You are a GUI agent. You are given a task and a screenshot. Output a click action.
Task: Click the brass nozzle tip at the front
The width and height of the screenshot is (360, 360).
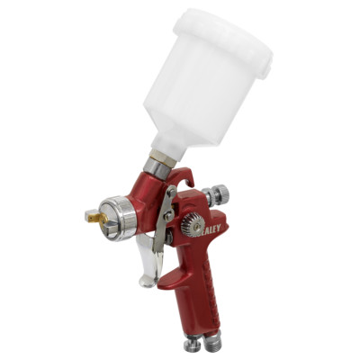[x=93, y=217]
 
